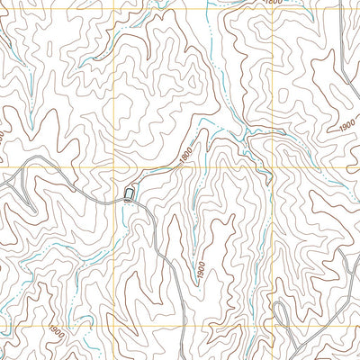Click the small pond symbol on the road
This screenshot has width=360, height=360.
click(131, 193)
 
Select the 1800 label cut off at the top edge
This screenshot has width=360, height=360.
click(273, 3)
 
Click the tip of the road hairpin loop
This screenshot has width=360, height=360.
click(278, 306)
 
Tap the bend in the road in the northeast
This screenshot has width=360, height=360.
click(266, 144)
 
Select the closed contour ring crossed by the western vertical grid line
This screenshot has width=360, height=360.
click(119, 90)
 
